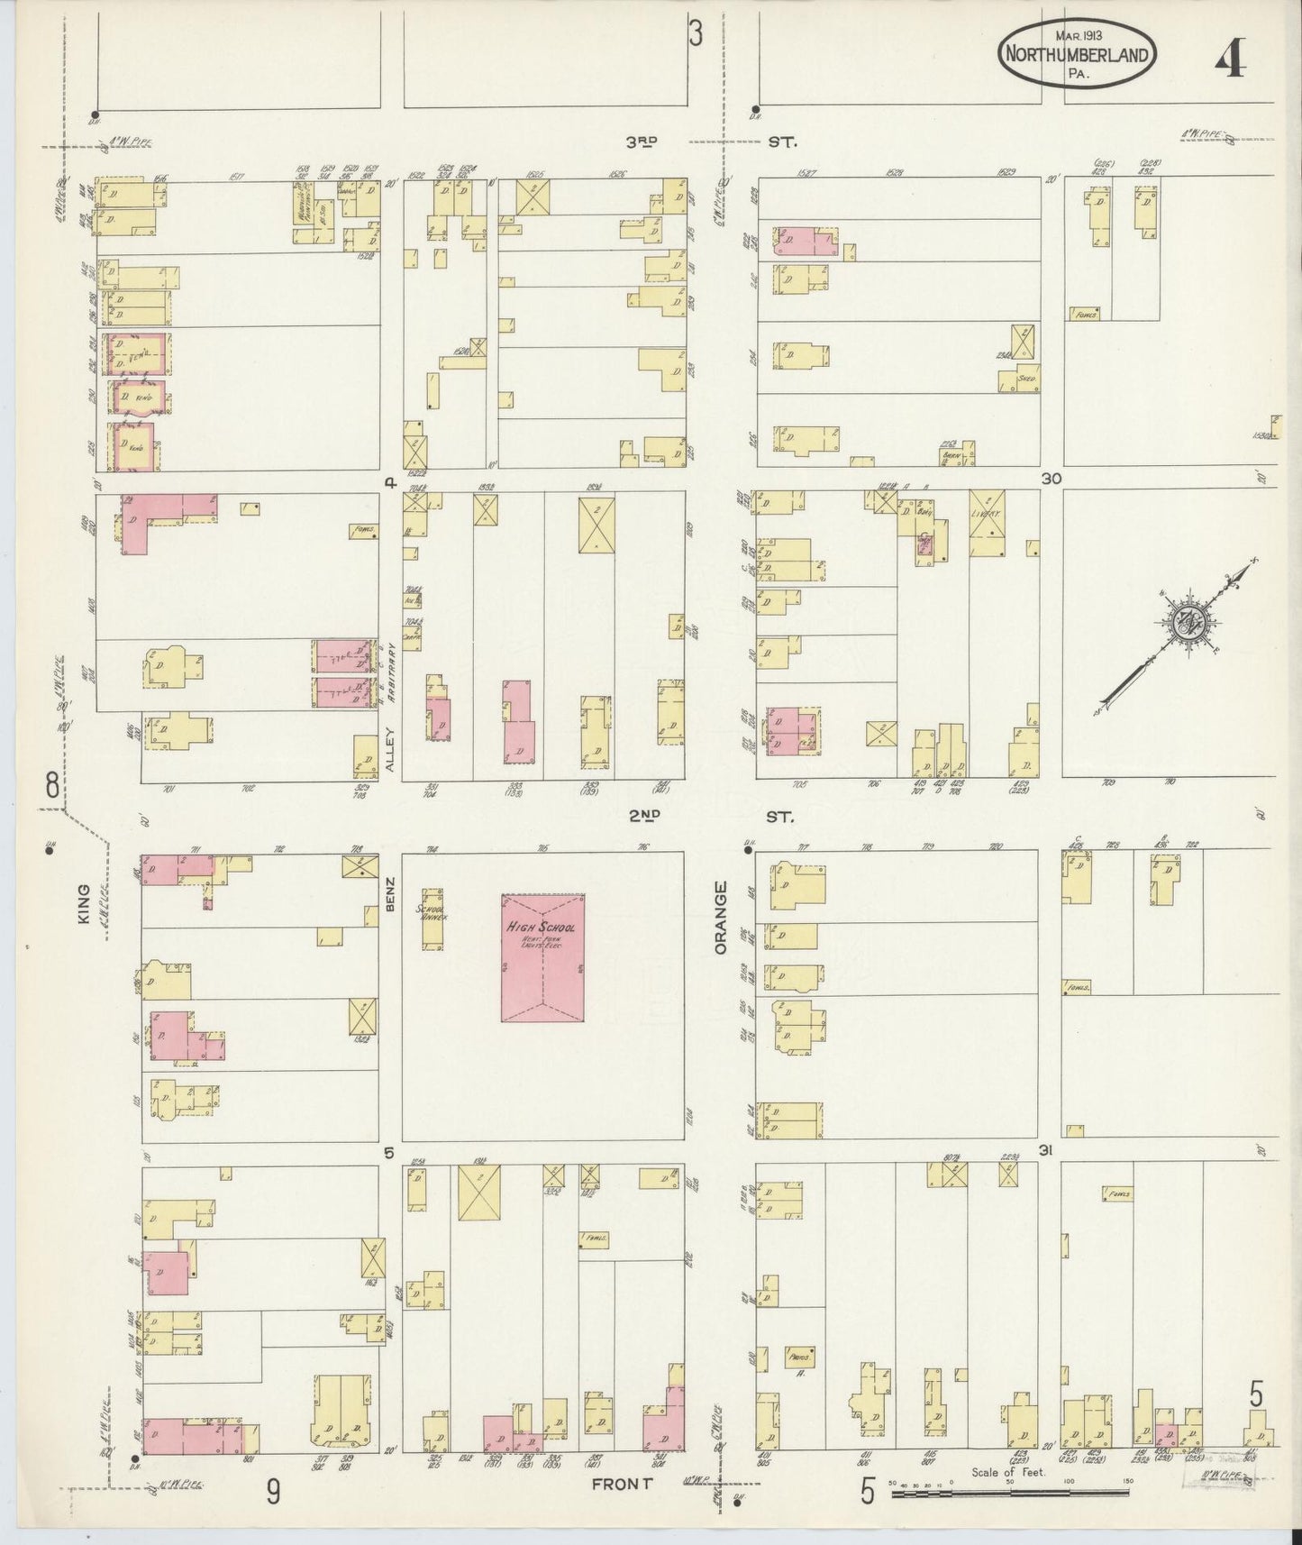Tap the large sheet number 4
click(1230, 61)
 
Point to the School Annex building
click(432, 919)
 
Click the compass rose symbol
click(1183, 624)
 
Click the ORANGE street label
click(720, 918)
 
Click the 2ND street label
click(645, 816)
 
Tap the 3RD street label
click(643, 142)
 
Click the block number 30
click(1051, 479)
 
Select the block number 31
click(1046, 1151)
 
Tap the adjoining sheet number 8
click(52, 785)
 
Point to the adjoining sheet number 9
click(272, 1492)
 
